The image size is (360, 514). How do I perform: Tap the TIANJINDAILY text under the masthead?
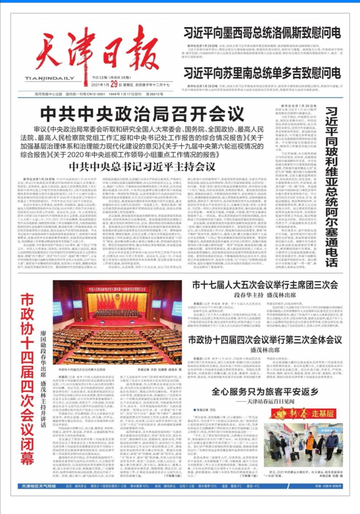[50, 78]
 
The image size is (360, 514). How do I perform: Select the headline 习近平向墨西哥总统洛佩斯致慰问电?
[262, 33]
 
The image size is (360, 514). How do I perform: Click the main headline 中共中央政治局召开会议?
[142, 114]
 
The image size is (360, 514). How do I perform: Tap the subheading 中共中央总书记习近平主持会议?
[142, 167]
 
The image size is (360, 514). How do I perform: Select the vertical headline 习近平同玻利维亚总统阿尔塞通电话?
[331, 187]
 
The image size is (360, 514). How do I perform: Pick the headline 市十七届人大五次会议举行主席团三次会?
[265, 285]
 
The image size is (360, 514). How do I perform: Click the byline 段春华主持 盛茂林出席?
[265, 295]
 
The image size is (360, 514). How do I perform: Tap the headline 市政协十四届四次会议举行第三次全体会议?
[265, 340]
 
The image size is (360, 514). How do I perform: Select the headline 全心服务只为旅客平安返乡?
[265, 391]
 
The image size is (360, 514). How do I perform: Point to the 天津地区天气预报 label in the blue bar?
[39, 486]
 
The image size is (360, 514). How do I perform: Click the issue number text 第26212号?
[154, 94]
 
